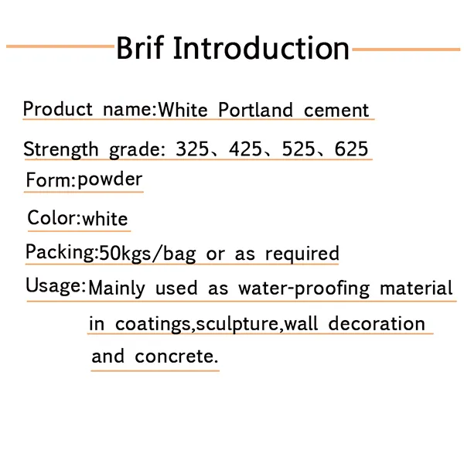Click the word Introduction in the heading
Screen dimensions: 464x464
(261, 48)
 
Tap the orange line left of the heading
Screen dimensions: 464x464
(60, 46)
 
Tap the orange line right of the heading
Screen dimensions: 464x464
(406, 49)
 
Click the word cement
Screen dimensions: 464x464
(336, 111)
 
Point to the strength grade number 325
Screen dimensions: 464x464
(193, 148)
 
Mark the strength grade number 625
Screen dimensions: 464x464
(351, 148)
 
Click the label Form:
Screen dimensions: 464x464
(50, 181)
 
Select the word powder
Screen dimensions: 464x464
(110, 180)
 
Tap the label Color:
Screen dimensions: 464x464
(53, 218)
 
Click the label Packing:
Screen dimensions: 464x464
(61, 252)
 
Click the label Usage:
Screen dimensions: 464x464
(55, 286)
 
